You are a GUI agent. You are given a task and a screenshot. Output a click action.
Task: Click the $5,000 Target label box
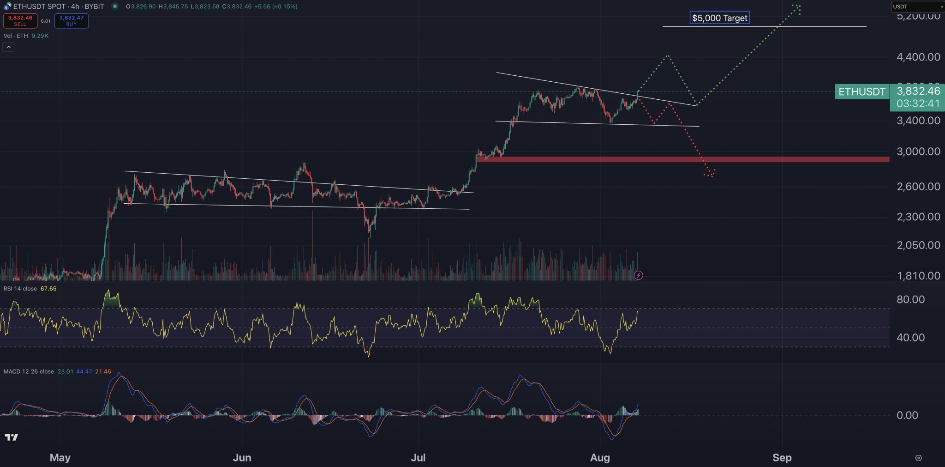tap(719, 18)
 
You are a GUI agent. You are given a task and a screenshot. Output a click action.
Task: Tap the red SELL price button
tap(20, 21)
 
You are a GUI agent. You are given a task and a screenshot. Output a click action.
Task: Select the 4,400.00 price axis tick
tap(918, 57)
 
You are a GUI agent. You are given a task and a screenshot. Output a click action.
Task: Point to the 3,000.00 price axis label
tap(918, 152)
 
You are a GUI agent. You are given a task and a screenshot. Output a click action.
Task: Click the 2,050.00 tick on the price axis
tap(918, 245)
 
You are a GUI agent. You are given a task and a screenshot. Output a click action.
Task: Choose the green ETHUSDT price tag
tap(861, 92)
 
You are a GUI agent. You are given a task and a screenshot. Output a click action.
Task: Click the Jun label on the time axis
tap(242, 457)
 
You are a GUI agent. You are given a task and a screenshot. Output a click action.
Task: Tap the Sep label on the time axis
tap(782, 457)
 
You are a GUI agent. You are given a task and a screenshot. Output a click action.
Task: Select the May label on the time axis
tap(60, 457)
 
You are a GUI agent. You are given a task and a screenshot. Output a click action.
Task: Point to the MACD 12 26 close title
tap(29, 371)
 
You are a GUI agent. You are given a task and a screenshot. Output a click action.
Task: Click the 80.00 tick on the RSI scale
tap(910, 299)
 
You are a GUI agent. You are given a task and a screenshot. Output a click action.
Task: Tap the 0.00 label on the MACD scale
tap(907, 415)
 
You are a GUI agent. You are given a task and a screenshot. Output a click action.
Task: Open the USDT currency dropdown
tap(917, 6)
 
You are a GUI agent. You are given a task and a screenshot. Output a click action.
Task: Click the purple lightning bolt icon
tap(638, 275)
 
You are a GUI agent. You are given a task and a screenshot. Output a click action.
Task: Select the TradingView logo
tap(11, 437)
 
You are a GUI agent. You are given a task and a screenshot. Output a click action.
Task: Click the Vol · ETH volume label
tap(16, 36)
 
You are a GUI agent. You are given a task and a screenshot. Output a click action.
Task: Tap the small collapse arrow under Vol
tap(9, 47)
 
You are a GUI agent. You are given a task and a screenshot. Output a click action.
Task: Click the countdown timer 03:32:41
tap(918, 103)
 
